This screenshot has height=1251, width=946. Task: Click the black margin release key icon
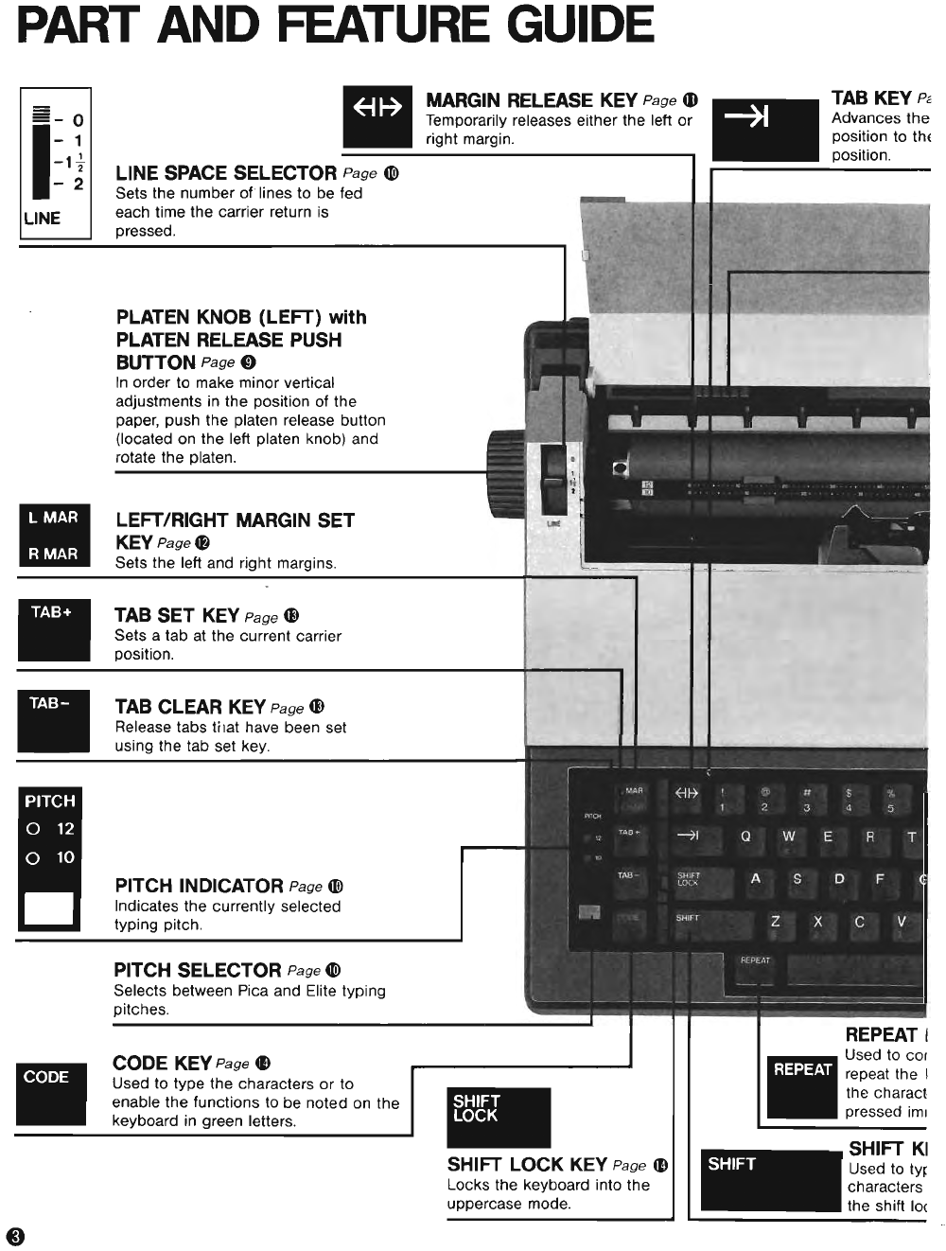coord(377,115)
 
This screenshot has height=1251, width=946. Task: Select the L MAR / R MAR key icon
coord(55,536)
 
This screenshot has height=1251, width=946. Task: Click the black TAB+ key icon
coord(54,629)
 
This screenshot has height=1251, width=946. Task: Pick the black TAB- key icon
coord(54,721)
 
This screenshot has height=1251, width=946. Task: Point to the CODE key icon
coord(50,1093)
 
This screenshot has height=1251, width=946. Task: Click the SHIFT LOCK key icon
coord(499,1117)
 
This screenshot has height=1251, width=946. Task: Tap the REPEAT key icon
coord(802,1085)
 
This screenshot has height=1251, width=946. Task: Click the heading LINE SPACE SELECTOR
coord(226,173)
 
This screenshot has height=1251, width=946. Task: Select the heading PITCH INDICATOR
coord(199,886)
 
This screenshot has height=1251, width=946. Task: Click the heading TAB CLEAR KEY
coord(190,707)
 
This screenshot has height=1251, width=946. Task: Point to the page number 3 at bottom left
coord(15,1237)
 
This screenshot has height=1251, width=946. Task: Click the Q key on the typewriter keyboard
coord(745,837)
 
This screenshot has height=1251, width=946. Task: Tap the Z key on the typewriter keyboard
coord(776,921)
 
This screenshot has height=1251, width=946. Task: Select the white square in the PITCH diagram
coord(48,907)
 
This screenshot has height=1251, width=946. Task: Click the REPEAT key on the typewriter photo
coord(755,968)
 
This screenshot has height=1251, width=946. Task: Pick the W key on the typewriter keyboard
coord(788,837)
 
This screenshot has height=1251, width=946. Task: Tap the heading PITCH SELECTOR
coord(197,970)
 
